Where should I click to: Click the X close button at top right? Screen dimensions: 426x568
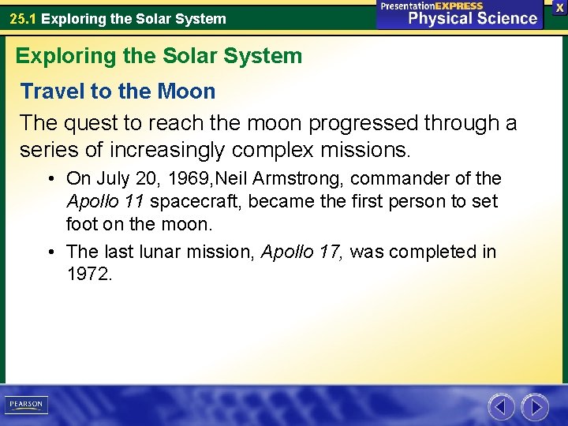559,7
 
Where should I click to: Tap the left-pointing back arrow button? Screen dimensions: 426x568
501,407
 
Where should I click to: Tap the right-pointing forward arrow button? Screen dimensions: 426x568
535,407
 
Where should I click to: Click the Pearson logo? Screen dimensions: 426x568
25,405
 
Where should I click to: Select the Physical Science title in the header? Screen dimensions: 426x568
473,18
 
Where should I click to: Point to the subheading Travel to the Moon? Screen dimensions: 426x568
118,92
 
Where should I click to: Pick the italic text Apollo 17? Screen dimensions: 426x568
302,252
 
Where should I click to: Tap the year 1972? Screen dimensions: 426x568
89,275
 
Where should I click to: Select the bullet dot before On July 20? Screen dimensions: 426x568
50,179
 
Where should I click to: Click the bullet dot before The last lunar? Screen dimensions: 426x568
50,252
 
